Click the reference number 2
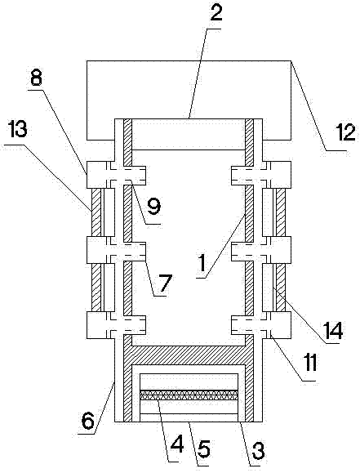pos(216,13)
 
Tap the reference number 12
pos(345,133)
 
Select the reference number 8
pos(36,78)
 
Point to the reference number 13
pos(17,131)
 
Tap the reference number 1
pos(202,263)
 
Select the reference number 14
pos(333,331)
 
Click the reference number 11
pos(310,363)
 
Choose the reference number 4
pos(176,444)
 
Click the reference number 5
pos(203,448)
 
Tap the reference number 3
pos(258,450)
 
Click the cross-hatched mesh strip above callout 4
pos(189,395)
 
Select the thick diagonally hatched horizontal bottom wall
pos(189,355)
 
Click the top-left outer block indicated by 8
pos(97,175)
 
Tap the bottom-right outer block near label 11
pos(280,325)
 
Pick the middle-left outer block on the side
pos(97,250)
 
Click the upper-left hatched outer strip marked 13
pos(96,212)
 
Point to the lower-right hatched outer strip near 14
pos(281,288)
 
